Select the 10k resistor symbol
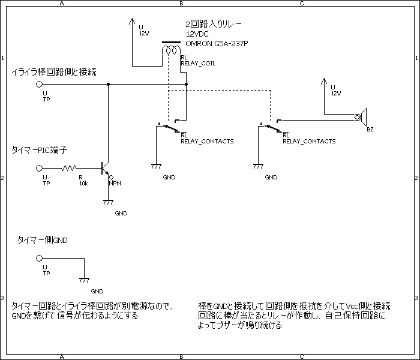(x=71, y=169)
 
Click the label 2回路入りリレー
(x=214, y=25)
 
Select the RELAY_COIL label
(x=198, y=62)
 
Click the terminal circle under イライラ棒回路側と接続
(x=40, y=85)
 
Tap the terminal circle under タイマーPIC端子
(x=40, y=169)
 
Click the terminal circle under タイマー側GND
(x=40, y=259)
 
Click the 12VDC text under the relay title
(x=197, y=34)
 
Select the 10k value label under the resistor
(x=83, y=184)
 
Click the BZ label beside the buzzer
(x=370, y=130)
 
